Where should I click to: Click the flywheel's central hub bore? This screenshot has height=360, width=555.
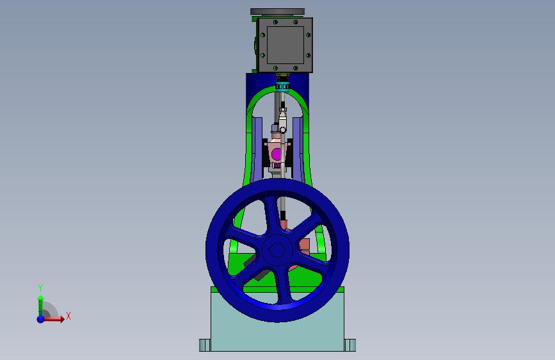pos(277,250)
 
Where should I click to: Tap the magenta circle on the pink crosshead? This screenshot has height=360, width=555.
pos(276,154)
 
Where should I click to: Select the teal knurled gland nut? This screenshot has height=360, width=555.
pos(282,86)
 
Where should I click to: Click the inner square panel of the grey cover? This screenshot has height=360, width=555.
pos(286,45)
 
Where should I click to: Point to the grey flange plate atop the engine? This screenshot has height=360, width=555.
pos(277,12)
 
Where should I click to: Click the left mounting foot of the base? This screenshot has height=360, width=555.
pos(205,345)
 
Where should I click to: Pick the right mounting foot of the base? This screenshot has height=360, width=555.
pos(350,345)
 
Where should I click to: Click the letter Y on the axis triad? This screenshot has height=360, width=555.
pos(40,288)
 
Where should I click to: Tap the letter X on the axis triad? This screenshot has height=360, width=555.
pos(68,316)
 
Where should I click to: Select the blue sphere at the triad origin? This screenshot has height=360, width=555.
pos(41,319)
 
